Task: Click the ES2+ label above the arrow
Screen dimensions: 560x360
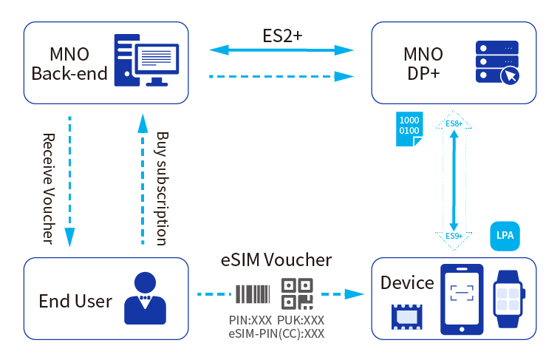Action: click(282, 35)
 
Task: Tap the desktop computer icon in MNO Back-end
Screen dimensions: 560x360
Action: click(146, 60)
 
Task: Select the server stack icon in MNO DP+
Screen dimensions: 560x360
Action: click(497, 63)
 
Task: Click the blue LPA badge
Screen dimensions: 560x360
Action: click(505, 236)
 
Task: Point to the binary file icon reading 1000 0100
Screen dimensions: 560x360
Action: click(409, 129)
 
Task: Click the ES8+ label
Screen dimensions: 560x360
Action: click(454, 123)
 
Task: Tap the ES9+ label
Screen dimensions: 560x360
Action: click(454, 236)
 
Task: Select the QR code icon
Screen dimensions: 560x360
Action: click(297, 294)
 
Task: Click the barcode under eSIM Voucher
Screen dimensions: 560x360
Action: click(253, 294)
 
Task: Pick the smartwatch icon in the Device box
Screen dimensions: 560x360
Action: click(509, 299)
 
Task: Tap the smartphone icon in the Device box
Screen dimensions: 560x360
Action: click(462, 299)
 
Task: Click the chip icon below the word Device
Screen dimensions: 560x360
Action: click(407, 316)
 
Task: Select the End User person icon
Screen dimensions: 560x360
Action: click(145, 298)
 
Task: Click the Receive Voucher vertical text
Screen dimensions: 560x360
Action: click(49, 189)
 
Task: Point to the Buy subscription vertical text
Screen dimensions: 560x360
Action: click(162, 189)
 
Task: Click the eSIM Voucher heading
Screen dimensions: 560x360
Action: click(276, 260)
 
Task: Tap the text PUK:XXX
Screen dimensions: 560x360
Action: click(301, 320)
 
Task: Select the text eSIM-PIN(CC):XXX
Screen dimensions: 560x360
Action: click(276, 333)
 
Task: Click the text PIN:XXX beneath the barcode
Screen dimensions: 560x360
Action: click(250, 320)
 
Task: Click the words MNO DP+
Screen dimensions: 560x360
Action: click(423, 64)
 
